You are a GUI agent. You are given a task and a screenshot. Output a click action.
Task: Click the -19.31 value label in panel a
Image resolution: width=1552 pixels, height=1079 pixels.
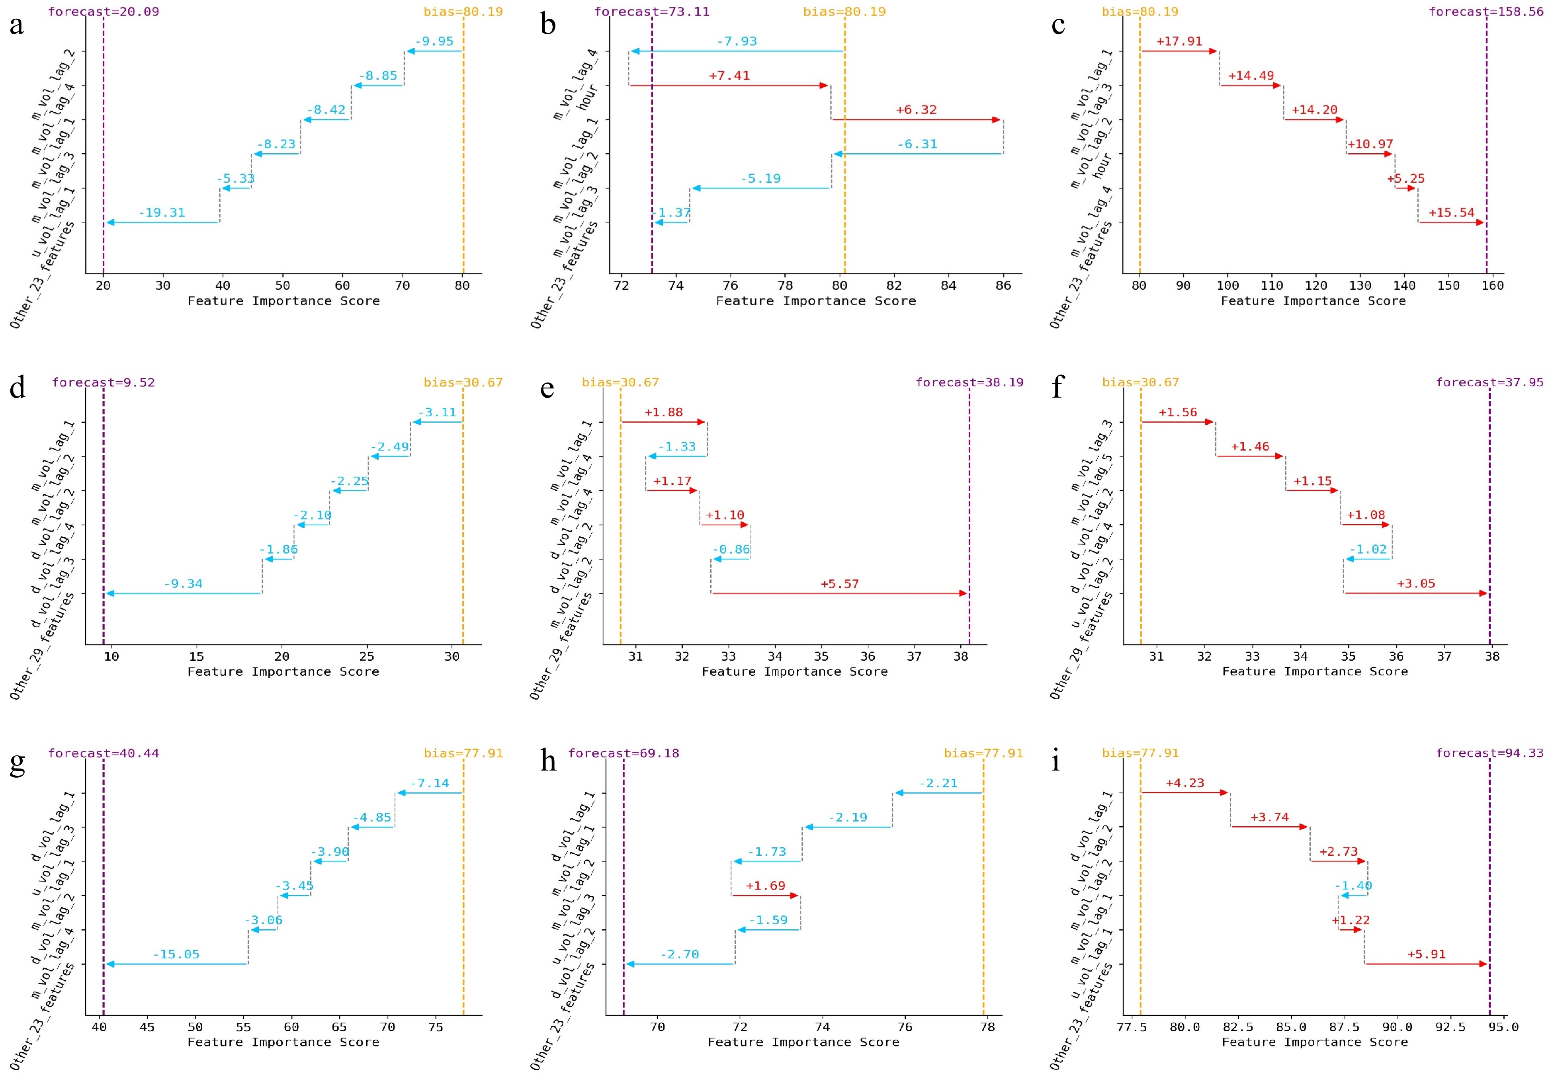(x=162, y=213)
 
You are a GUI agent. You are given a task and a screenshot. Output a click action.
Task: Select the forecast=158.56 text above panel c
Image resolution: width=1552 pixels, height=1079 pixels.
(x=1486, y=12)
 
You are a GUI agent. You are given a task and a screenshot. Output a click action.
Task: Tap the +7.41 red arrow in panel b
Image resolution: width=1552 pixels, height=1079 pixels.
(x=729, y=86)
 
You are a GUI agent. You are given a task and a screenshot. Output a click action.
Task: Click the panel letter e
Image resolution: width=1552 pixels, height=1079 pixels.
(x=547, y=388)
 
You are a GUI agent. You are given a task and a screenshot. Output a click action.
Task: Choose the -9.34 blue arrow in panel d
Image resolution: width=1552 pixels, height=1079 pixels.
(x=184, y=593)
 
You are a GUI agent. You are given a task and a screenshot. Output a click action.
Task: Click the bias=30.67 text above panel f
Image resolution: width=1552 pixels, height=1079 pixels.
(x=1140, y=382)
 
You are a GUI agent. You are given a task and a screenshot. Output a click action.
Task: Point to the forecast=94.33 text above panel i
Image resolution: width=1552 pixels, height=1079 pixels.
(x=1489, y=753)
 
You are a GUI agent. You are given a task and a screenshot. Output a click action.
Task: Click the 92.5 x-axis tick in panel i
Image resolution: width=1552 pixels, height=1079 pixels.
(x=1450, y=1027)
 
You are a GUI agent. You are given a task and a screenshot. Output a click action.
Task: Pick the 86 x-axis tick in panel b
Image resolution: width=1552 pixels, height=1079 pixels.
(x=1003, y=285)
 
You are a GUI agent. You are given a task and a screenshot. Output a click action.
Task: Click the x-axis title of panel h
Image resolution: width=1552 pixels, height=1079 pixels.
(x=803, y=1042)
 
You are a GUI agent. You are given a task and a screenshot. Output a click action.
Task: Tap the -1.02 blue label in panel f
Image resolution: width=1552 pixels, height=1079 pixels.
(x=1368, y=549)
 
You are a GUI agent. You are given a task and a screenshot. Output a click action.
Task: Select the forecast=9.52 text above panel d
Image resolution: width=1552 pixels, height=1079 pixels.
(x=104, y=382)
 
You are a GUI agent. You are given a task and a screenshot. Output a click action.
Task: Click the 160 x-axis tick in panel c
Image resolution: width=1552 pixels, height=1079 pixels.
(x=1493, y=285)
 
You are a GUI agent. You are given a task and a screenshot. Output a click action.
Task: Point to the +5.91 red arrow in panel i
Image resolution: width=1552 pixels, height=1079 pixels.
(x=1426, y=964)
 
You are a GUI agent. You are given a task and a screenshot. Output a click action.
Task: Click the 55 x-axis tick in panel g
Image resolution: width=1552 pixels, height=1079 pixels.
(x=243, y=1027)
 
